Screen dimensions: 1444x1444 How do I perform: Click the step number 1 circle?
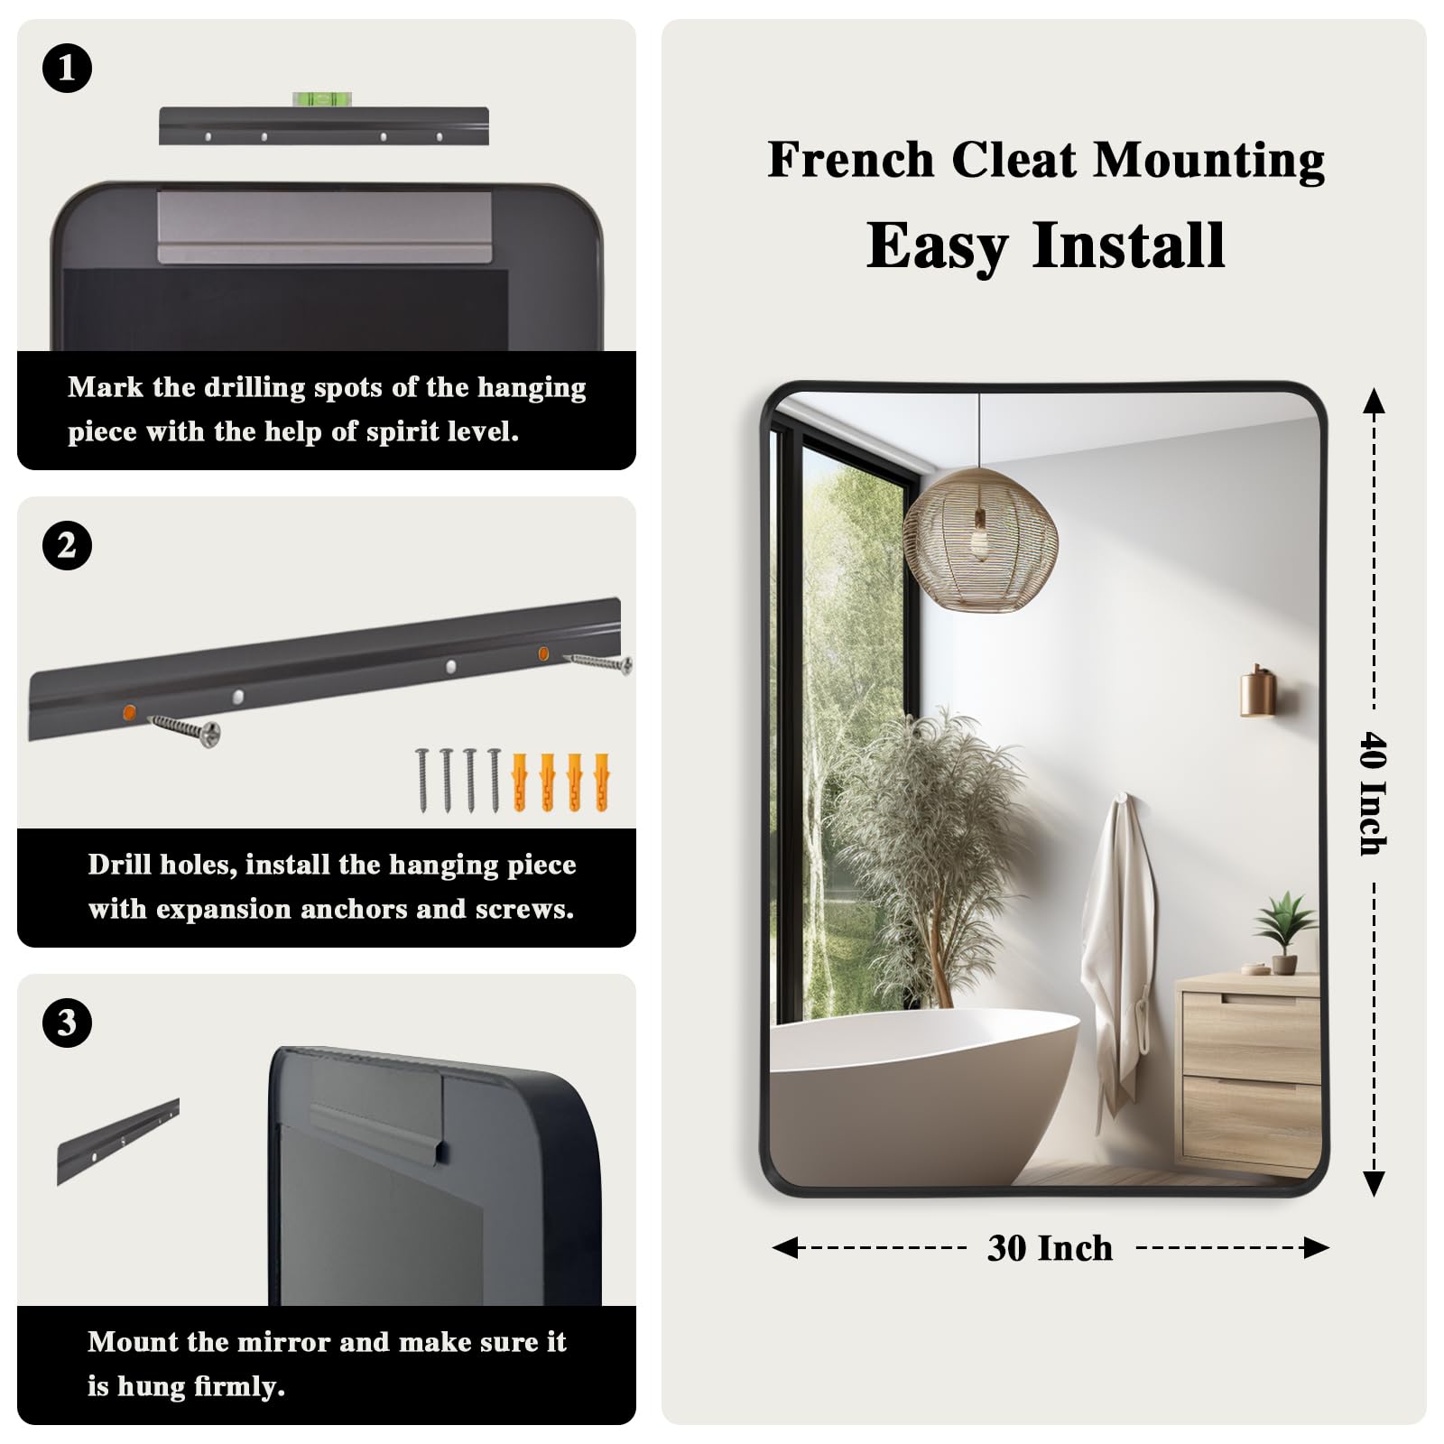[67, 68]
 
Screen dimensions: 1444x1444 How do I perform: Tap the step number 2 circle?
[67, 545]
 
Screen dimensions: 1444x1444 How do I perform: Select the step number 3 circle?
[67, 1023]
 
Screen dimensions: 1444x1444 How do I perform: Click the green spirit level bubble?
[321, 99]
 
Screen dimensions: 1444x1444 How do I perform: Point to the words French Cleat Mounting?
[1046, 161]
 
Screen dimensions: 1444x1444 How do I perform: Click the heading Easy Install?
[1046, 245]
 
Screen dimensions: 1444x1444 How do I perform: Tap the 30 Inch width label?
[1050, 1248]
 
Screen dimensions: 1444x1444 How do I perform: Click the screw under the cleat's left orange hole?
[185, 727]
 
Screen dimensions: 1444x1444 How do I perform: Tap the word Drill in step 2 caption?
[119, 865]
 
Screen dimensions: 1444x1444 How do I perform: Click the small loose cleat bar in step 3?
[118, 1141]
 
